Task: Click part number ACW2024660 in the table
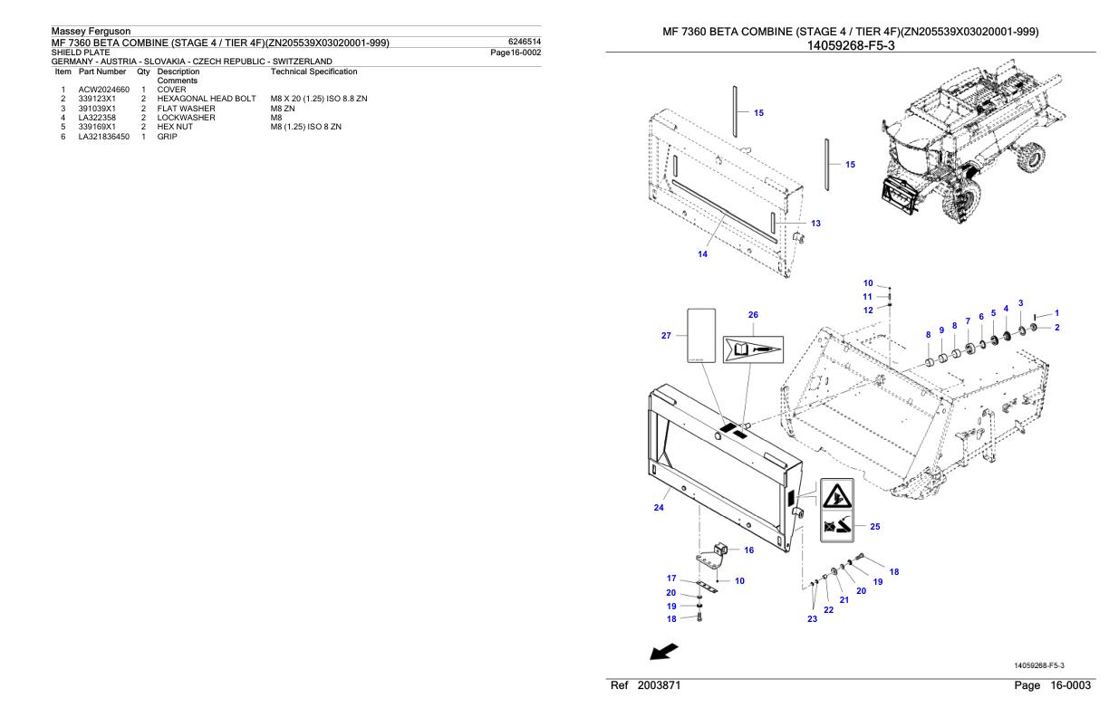click(x=104, y=90)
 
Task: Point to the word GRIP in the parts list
click(x=167, y=136)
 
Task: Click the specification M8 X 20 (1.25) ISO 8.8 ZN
click(x=313, y=98)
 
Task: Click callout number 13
click(x=815, y=223)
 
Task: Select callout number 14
click(x=702, y=253)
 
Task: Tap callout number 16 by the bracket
click(x=748, y=550)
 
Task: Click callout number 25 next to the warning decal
click(x=874, y=525)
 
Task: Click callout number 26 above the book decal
click(x=752, y=315)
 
